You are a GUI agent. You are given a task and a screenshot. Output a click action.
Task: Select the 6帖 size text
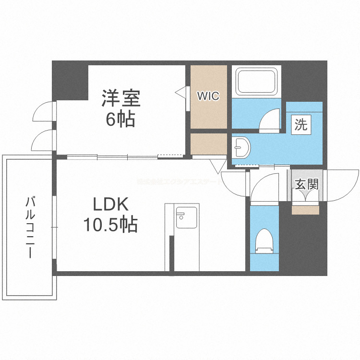coord(120,119)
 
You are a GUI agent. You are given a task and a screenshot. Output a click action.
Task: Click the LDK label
coord(111,205)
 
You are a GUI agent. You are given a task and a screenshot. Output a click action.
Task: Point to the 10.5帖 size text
coord(111,225)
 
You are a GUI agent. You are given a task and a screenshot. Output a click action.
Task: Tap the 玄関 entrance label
coord(306,184)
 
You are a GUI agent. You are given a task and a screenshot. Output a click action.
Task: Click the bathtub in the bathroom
coord(257,81)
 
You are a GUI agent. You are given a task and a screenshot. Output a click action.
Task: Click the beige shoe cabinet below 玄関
coord(305,210)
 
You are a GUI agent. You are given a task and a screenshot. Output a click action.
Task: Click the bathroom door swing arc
coord(270,120)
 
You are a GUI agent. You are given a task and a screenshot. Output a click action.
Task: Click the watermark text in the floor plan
coord(178,182)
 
